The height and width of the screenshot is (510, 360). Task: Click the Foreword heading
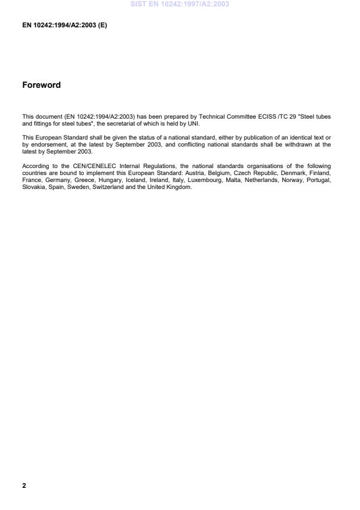point(41,85)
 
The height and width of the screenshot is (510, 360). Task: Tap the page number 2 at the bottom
point(24,485)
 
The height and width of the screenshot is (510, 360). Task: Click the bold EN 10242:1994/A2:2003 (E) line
point(65,26)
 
